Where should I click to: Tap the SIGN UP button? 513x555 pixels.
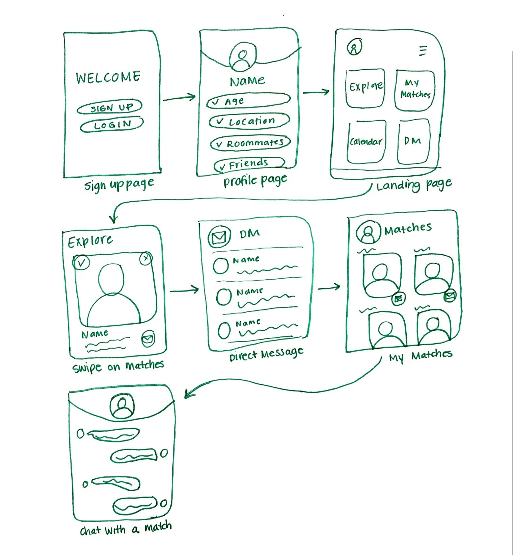point(110,107)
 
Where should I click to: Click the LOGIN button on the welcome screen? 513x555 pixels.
point(112,125)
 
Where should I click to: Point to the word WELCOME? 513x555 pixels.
point(108,77)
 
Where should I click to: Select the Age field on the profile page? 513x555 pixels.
point(248,101)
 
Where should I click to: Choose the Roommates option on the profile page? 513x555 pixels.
point(250,143)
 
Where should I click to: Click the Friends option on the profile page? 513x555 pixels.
point(249,164)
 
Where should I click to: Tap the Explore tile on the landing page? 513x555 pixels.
point(366,88)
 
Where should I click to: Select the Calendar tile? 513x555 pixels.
point(366,142)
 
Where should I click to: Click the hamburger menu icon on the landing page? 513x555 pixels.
point(423,51)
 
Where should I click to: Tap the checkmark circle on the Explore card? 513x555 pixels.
point(81,262)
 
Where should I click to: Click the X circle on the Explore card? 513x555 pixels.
point(146,259)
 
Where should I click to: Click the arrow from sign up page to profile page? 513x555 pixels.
point(179,98)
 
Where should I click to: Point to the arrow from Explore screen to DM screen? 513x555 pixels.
point(184,290)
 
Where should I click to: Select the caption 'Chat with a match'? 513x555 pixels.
point(126,529)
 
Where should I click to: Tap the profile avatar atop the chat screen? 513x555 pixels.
point(122,406)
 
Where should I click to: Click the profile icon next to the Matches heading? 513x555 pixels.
point(368,232)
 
